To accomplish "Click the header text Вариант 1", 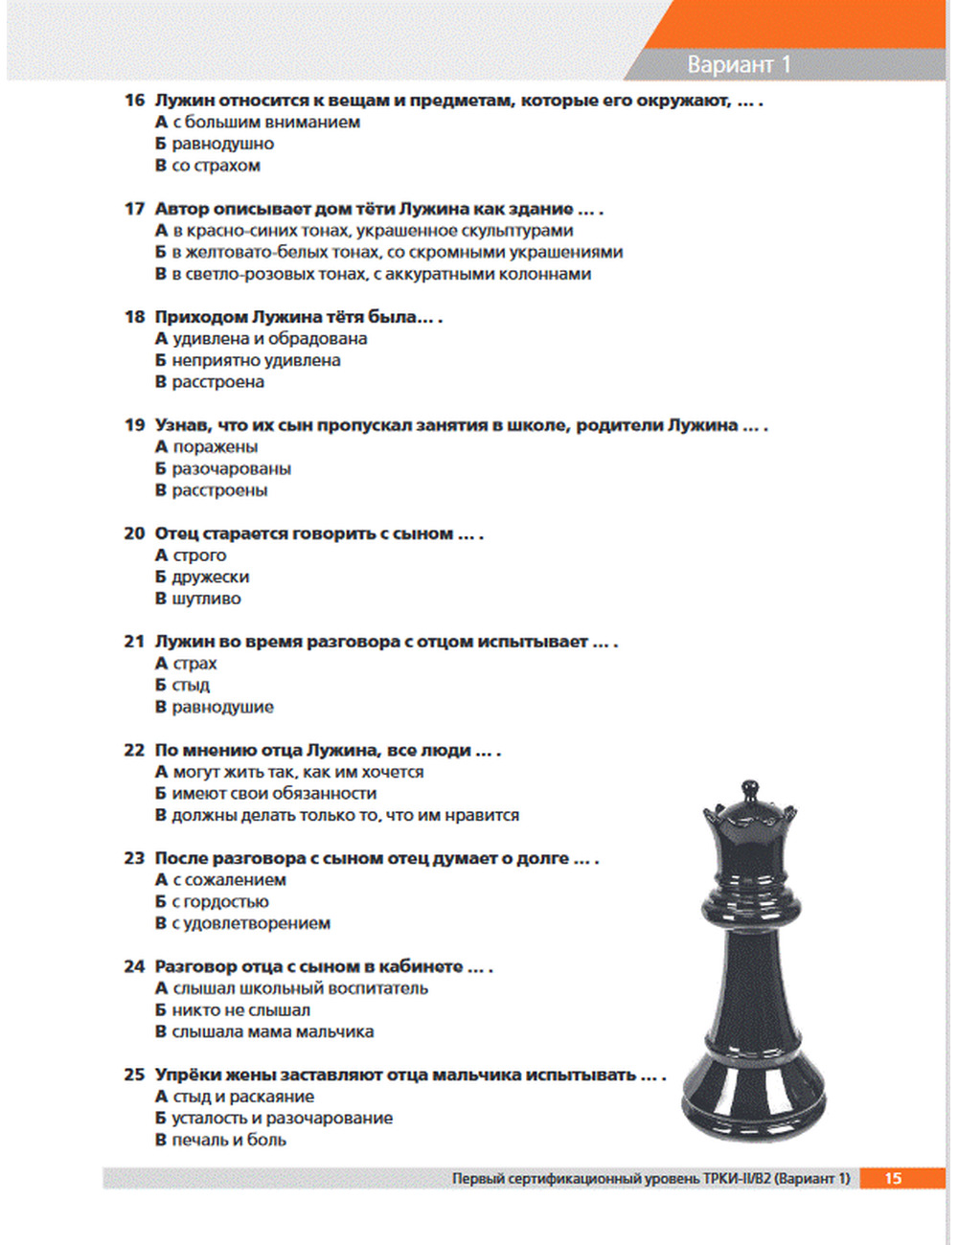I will [x=739, y=64].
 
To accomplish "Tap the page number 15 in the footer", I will [x=893, y=1178].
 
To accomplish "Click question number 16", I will [x=134, y=101].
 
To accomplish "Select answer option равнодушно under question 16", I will [x=222, y=144].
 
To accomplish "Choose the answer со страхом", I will [x=216, y=166].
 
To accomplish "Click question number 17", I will [x=134, y=209].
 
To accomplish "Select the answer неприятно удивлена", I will [x=256, y=361].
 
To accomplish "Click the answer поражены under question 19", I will [x=215, y=447].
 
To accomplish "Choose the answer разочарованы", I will [x=231, y=469].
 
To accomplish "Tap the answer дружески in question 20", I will [x=210, y=577].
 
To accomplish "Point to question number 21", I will [x=134, y=642].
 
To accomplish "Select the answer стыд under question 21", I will [x=190, y=686].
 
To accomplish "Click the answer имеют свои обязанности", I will [x=274, y=794].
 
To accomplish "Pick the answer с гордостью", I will [x=219, y=902].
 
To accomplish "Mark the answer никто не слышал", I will [x=240, y=1010].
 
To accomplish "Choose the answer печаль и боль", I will [x=228, y=1141].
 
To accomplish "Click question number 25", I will [x=134, y=1075].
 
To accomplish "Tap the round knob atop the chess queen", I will [x=750, y=790].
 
